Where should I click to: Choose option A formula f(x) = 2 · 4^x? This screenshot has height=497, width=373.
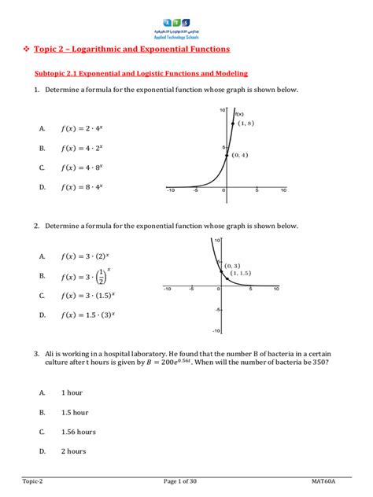point(82,127)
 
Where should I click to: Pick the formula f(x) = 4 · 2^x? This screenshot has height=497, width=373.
point(82,147)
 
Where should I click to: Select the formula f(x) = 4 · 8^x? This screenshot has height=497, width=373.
point(82,167)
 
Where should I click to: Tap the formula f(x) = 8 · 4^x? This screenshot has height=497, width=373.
point(82,186)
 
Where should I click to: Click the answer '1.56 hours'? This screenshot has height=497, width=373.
point(78,431)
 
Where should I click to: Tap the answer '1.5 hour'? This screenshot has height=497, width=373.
point(75,410)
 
